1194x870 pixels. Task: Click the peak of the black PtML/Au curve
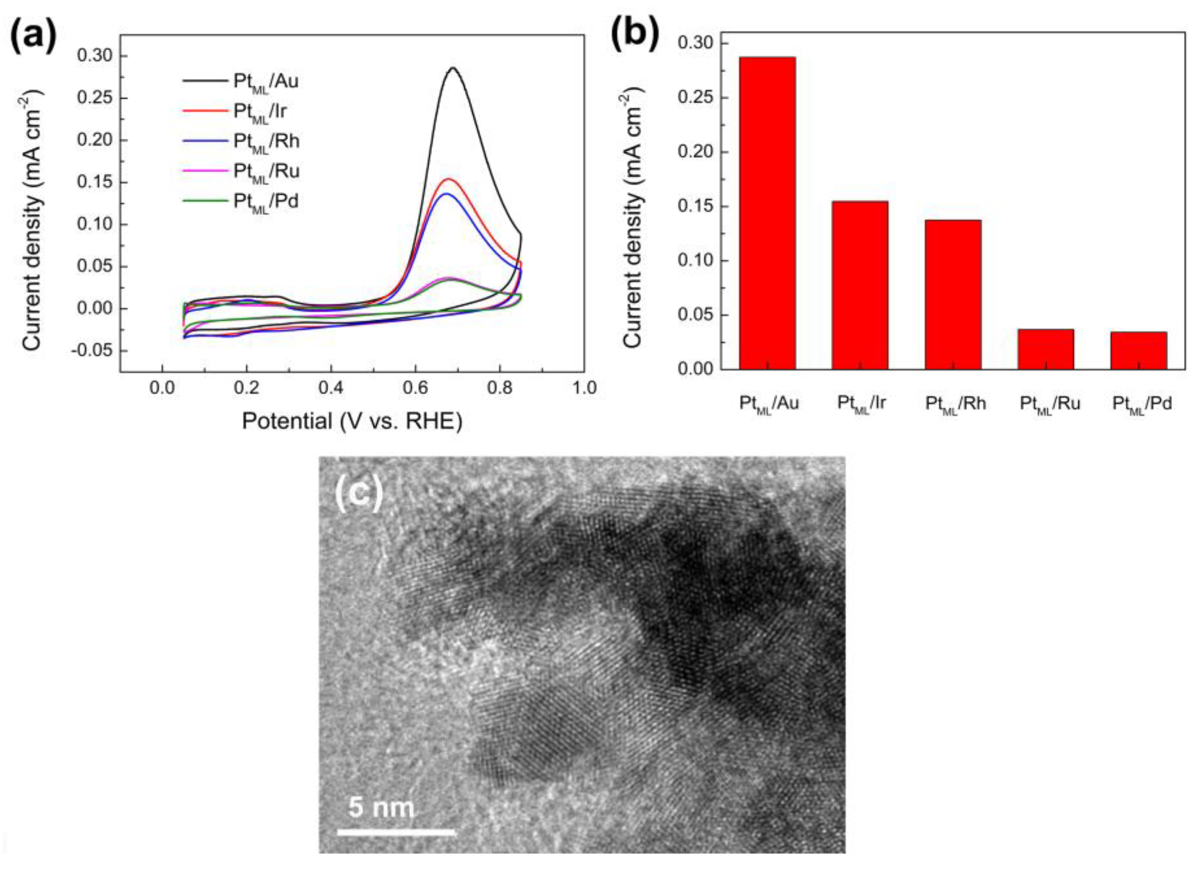coord(452,68)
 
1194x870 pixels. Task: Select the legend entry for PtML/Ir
coord(260,111)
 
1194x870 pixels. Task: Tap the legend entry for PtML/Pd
coord(266,201)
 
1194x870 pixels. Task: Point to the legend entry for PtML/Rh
coord(266,141)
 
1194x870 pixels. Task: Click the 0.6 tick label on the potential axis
coord(415,388)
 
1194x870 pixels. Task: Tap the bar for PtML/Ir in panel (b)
coord(860,285)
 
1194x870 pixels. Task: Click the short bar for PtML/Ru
coord(1046,349)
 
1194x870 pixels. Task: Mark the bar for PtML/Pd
coord(1138,350)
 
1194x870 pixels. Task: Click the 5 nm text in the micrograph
coord(381,807)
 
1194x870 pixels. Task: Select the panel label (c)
coord(359,495)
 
